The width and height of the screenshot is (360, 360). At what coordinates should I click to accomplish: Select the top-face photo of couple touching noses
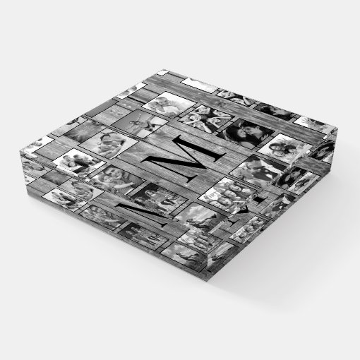tap(246, 133)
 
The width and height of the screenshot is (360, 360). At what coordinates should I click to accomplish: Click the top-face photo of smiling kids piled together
tap(227, 195)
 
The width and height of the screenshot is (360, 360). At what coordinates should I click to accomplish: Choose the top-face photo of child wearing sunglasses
tap(108, 143)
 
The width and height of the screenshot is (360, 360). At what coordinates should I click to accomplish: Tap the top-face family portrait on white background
tap(79, 163)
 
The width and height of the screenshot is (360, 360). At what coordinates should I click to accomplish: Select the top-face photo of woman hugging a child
tap(117, 181)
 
